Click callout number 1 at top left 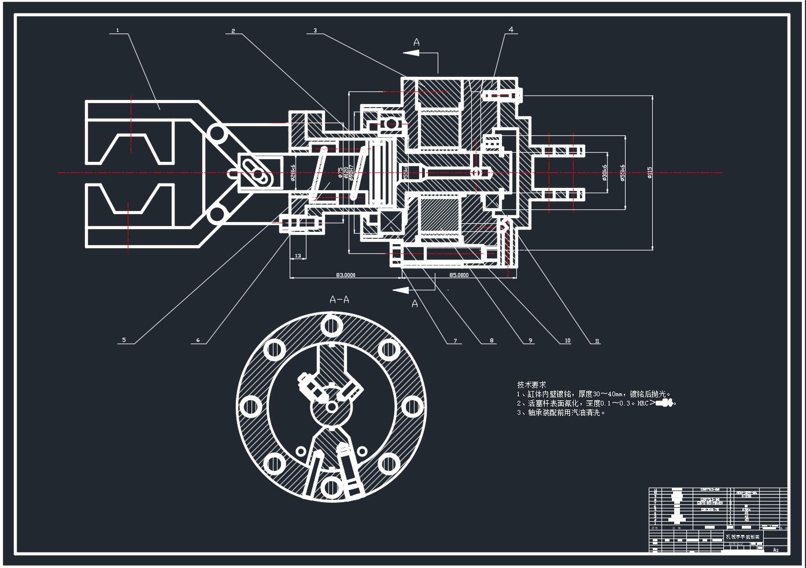[x=117, y=30]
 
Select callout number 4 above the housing [x=511, y=29]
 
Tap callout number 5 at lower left [x=124, y=340]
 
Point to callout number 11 [x=597, y=341]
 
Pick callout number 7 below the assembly [x=455, y=341]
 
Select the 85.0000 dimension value [x=459, y=275]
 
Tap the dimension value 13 [x=298, y=255]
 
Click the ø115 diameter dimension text [x=650, y=172]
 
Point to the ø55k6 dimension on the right [x=622, y=172]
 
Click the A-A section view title [x=339, y=300]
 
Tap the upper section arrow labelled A [x=416, y=42]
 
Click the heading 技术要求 [x=531, y=385]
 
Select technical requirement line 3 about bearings [x=561, y=413]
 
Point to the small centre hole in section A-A [x=331, y=407]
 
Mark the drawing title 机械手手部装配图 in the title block [x=745, y=537]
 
